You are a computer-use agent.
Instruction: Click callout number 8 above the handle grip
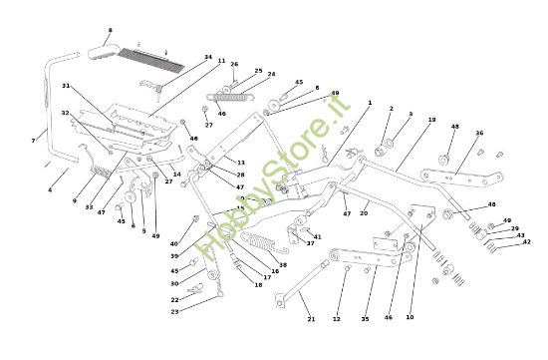pyautogui.click(x=110, y=31)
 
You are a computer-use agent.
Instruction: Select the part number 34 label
pyautogui.click(x=207, y=57)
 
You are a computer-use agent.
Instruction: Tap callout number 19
pyautogui.click(x=431, y=120)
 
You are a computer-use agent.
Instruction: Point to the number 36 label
pyautogui.click(x=479, y=134)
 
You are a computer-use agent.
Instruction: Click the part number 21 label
pyautogui.click(x=311, y=319)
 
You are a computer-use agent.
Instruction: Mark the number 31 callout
pyautogui.click(x=66, y=86)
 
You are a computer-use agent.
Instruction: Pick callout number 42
pyautogui.click(x=527, y=241)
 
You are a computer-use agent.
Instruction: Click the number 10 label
pyautogui.click(x=410, y=317)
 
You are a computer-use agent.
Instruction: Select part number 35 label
pyautogui.click(x=365, y=319)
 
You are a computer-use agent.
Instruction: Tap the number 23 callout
pyautogui.click(x=174, y=312)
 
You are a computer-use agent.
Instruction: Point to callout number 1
pyautogui.click(x=369, y=102)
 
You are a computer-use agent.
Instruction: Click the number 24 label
pyautogui.click(x=271, y=74)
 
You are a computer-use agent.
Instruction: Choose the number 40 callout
pyautogui.click(x=173, y=243)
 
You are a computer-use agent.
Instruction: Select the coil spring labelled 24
pyautogui.click(x=233, y=97)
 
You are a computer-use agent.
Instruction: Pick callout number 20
pyautogui.click(x=364, y=212)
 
